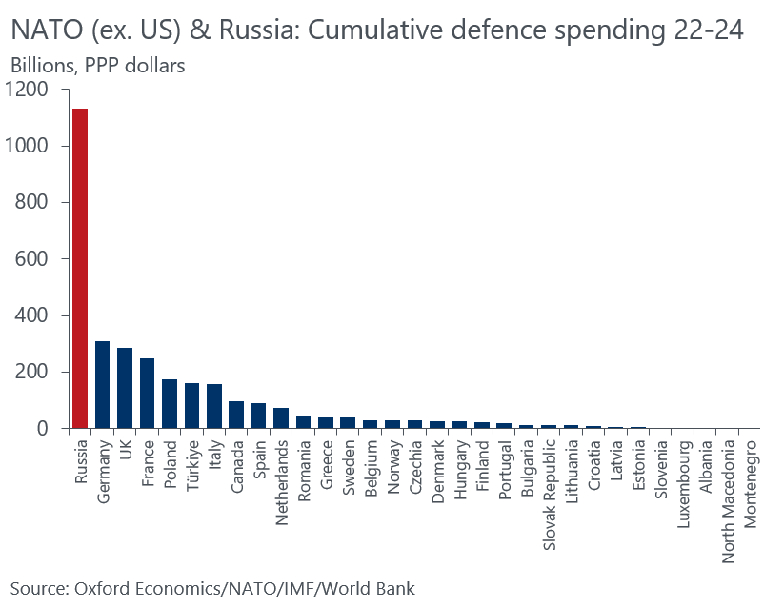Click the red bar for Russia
(80, 269)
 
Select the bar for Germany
(102, 385)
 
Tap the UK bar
(125, 389)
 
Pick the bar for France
(147, 394)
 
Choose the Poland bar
(170, 404)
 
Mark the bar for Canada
(236, 416)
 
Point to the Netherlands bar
(281, 418)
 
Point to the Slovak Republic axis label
(549, 489)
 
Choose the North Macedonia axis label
(728, 492)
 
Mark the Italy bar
(214, 406)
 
